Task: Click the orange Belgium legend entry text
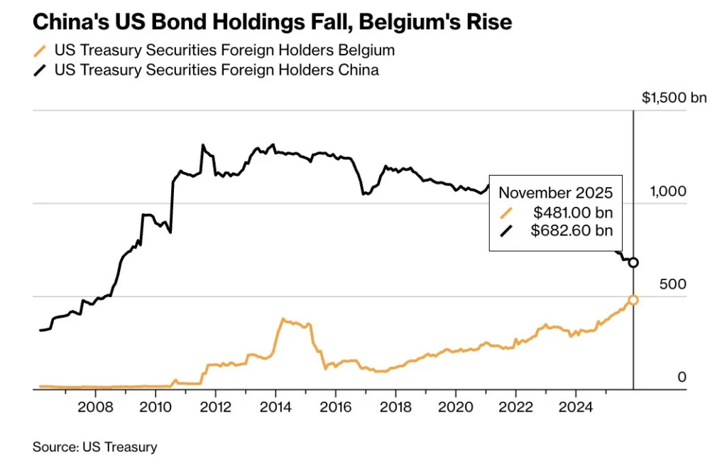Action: coord(224,50)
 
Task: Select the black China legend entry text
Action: coord(216,70)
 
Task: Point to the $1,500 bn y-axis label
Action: coord(674,98)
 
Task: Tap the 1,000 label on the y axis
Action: coord(668,191)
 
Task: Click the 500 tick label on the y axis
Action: coord(673,284)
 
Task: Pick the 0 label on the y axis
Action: coord(682,377)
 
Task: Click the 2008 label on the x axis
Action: coord(95,407)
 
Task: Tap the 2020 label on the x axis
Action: coord(455,407)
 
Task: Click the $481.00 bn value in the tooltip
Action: coord(572,212)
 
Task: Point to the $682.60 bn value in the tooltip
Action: coord(572,230)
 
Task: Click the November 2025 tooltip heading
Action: coord(555,193)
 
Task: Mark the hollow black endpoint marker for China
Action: coord(633,262)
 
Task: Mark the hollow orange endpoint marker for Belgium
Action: coord(633,300)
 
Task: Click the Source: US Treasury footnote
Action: coord(94,447)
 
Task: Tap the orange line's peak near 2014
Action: coord(283,319)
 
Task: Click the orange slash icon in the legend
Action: coord(40,50)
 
